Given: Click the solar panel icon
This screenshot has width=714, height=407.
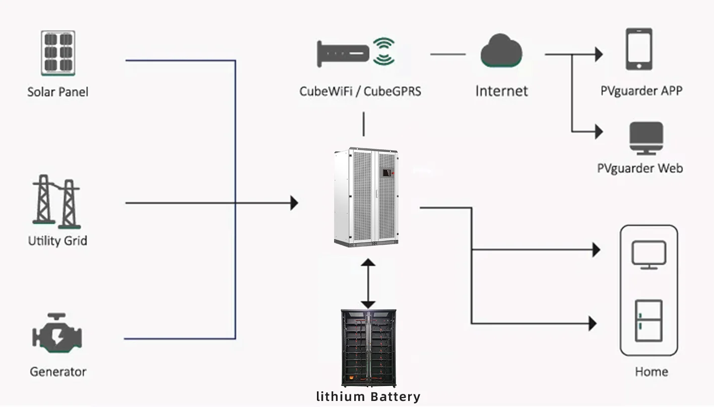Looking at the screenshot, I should pos(58,53).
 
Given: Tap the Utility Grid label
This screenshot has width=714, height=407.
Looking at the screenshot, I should pos(57,241).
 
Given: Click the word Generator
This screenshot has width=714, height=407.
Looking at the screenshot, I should pos(58,372).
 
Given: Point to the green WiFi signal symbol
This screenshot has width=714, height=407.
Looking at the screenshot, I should pos(384,51).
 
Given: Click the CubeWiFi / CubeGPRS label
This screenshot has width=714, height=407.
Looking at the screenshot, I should pos(360,91).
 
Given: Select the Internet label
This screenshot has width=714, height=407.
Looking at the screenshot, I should pos(502,91).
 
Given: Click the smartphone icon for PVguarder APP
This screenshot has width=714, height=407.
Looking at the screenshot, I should pos(639,49).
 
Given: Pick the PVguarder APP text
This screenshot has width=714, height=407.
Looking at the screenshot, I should pos(641,91).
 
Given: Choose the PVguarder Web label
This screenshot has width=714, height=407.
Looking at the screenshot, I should pos(640,168).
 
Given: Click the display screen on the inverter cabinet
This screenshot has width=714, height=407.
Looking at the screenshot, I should pos(386,172).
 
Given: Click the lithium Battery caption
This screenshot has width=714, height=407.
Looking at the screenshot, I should pos(368,397).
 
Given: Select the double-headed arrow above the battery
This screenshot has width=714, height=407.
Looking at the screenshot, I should pos(368,283).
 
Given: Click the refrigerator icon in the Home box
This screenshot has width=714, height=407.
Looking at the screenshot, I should pos(648,321).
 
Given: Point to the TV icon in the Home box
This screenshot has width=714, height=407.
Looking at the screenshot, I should pos(649,255).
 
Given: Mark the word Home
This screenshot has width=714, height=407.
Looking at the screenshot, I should pos(651,372).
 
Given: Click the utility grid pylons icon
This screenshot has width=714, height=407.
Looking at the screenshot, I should pos(56,202).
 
